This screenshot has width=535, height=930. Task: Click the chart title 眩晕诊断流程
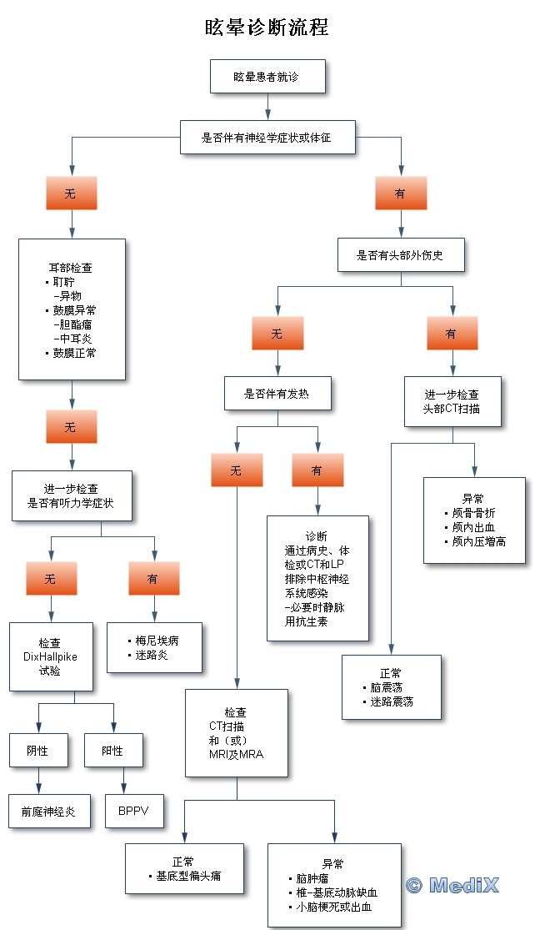pyautogui.click(x=267, y=28)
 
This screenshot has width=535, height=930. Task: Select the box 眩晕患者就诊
pyautogui.click(x=267, y=76)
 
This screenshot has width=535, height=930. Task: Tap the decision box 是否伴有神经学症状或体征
pyautogui.click(x=267, y=138)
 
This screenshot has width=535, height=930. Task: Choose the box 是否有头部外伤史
pyautogui.click(x=400, y=255)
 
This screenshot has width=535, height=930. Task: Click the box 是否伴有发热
pyautogui.click(x=277, y=394)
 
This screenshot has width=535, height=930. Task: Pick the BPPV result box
pyautogui.click(x=134, y=810)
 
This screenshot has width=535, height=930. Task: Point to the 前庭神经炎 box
pyautogui.click(x=48, y=810)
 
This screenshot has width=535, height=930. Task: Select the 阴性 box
pyautogui.click(x=38, y=751)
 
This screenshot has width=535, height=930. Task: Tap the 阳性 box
pyautogui.click(x=113, y=751)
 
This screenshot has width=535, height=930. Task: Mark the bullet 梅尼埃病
pyautogui.click(x=157, y=641)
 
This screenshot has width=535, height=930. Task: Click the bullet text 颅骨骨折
pyautogui.click(x=475, y=513)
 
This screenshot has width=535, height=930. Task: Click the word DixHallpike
pyautogui.click(x=50, y=656)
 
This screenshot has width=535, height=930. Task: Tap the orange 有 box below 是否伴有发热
pyautogui.click(x=317, y=470)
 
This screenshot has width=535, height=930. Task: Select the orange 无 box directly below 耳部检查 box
pyautogui.click(x=71, y=427)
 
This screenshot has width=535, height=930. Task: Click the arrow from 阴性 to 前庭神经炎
pyautogui.click(x=38, y=782)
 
